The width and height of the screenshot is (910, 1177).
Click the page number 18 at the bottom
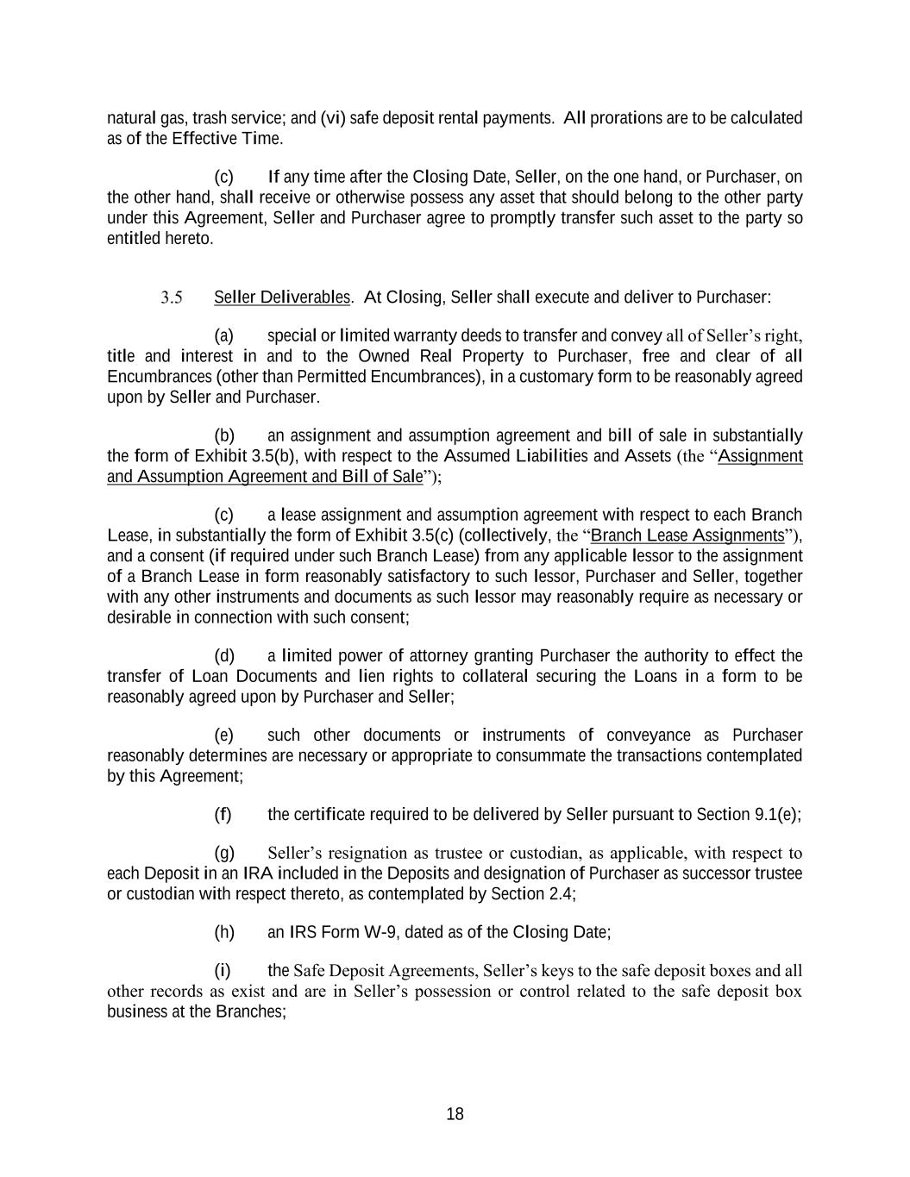click(x=455, y=1114)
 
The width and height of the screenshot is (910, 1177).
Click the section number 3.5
click(x=171, y=298)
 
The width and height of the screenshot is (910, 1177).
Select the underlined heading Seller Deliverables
click(x=282, y=297)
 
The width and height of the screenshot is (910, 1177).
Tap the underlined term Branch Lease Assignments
click(x=687, y=535)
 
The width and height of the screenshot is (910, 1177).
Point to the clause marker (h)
click(x=223, y=932)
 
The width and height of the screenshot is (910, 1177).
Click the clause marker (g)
click(x=223, y=854)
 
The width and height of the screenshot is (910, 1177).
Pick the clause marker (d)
click(x=223, y=656)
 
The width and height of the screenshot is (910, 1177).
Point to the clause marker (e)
click(x=223, y=736)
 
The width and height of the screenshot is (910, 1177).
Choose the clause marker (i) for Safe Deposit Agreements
click(x=222, y=971)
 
